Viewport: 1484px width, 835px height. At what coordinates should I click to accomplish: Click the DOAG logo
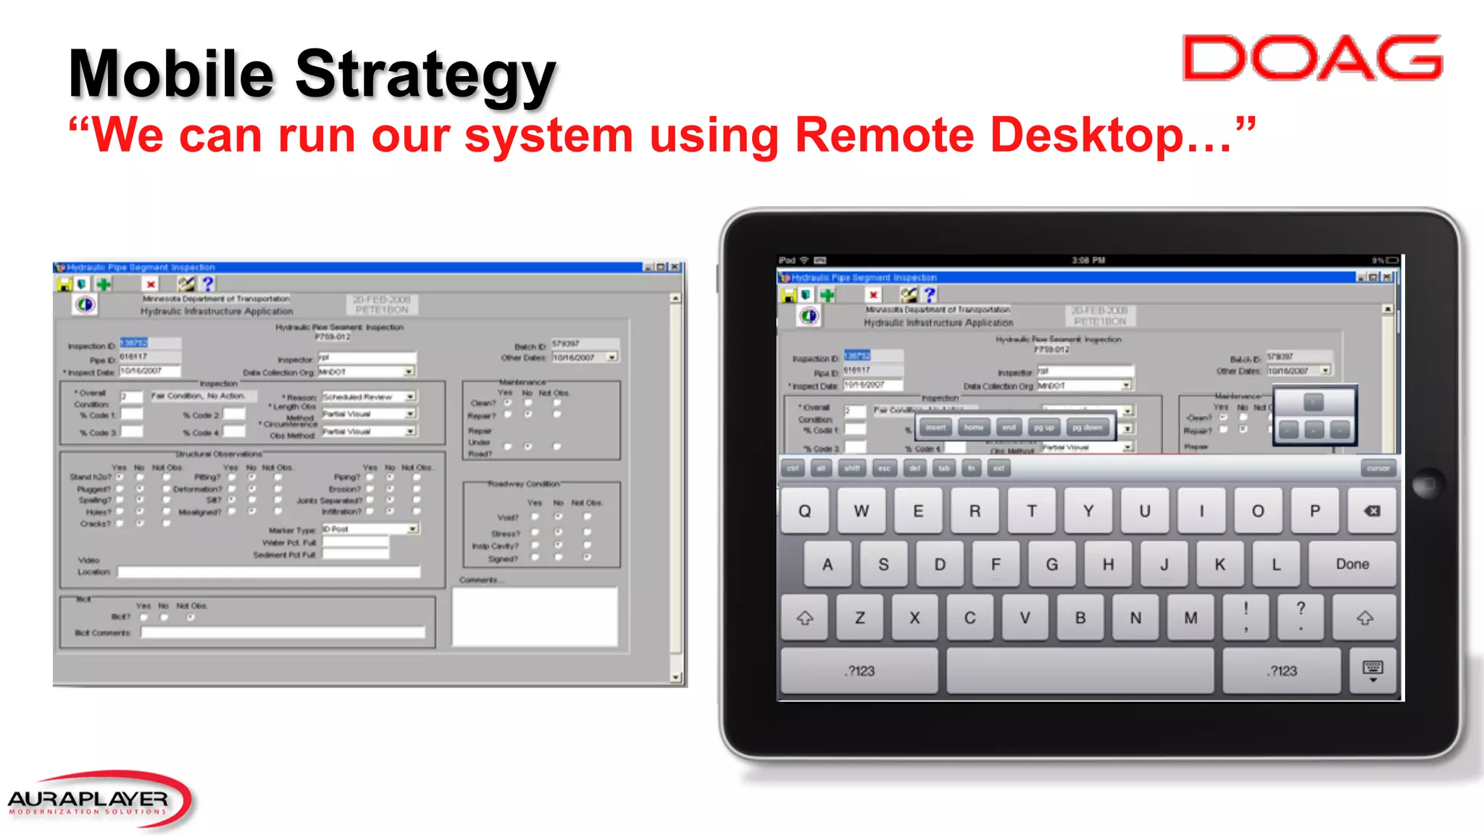(x=1312, y=58)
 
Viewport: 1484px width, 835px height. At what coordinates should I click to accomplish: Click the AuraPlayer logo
(x=98, y=800)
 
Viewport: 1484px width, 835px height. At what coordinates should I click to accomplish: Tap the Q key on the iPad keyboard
(x=804, y=511)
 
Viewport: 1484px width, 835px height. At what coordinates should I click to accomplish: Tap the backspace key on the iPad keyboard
(x=1372, y=511)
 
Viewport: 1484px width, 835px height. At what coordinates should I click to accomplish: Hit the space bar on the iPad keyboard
(x=1080, y=671)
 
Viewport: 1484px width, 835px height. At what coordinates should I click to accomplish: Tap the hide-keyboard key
(x=1372, y=671)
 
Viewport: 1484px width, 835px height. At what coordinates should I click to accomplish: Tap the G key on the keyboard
(x=1052, y=565)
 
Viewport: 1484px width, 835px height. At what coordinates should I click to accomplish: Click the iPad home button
(x=1428, y=484)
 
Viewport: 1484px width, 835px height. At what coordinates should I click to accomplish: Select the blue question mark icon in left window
(x=208, y=283)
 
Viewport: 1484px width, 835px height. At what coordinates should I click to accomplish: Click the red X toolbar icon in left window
(x=151, y=284)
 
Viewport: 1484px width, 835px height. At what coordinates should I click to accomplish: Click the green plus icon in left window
(x=104, y=284)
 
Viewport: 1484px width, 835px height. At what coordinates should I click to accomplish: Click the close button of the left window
(x=675, y=267)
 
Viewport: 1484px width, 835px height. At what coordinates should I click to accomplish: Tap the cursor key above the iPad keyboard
(x=1377, y=468)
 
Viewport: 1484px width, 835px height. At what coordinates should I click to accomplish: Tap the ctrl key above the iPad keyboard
(x=793, y=468)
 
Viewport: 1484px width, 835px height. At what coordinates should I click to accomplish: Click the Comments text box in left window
(x=535, y=615)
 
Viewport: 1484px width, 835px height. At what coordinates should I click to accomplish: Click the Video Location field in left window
(x=269, y=572)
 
